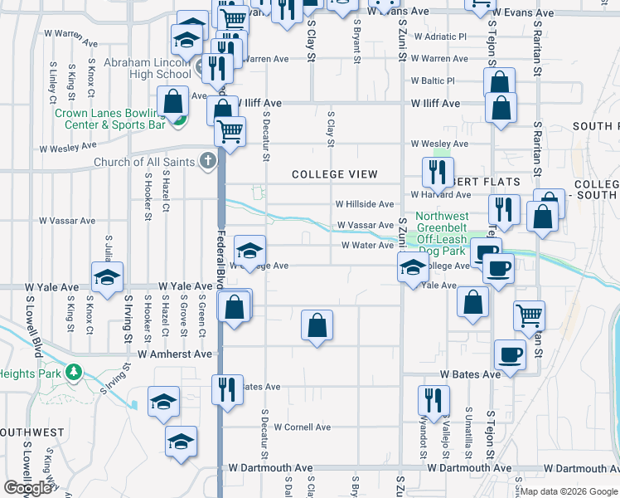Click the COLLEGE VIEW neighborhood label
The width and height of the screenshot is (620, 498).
(x=334, y=174)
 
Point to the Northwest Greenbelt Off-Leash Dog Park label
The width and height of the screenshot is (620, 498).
(x=442, y=232)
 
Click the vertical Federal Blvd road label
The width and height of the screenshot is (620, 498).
(x=221, y=258)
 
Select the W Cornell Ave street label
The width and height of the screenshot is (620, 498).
(x=302, y=427)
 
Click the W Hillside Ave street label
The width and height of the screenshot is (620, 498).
(x=364, y=204)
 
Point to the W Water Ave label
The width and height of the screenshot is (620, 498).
(x=367, y=245)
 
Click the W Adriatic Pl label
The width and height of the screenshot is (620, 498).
(x=439, y=37)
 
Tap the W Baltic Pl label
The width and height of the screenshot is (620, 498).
(x=434, y=81)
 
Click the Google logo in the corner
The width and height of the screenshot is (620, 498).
(x=28, y=488)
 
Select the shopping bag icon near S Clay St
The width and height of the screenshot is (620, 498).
(x=317, y=325)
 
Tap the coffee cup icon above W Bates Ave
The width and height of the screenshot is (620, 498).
(x=510, y=354)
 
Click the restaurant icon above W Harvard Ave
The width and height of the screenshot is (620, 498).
(x=435, y=172)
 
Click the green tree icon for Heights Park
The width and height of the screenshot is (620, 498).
(x=75, y=372)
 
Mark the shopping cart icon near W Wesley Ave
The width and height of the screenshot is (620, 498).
(x=230, y=130)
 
